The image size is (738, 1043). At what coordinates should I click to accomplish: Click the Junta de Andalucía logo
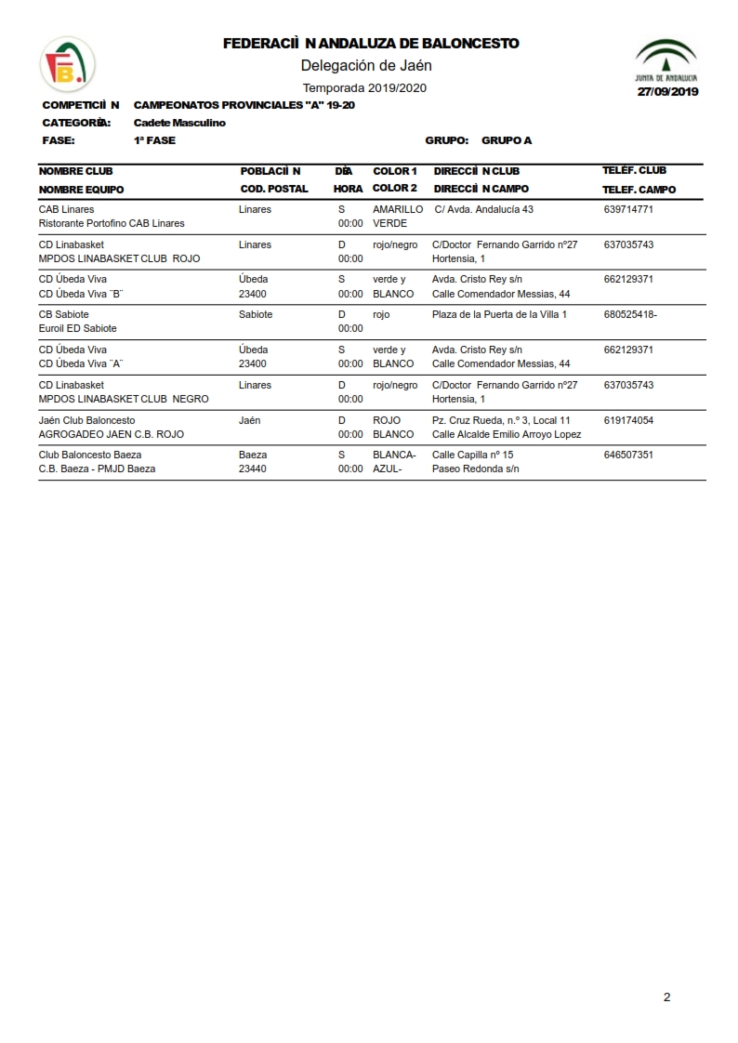coord(666,60)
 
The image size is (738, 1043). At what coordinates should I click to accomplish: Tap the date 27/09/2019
coord(667,92)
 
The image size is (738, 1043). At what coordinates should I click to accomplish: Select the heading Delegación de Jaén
coord(366,65)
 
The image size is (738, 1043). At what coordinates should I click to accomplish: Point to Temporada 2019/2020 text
coord(364,88)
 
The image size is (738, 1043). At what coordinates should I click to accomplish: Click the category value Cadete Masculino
coord(179,123)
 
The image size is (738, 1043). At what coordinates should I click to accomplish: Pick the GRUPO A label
coord(507,140)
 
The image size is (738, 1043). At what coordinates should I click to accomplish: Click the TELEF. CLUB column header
coord(634,171)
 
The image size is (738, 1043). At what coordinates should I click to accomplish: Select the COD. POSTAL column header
coord(274,189)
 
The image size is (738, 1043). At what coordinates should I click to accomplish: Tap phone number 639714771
coord(628,210)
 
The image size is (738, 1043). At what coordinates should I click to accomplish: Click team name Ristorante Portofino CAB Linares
coord(112,223)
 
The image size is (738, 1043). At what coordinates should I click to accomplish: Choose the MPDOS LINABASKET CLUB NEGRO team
coord(124,399)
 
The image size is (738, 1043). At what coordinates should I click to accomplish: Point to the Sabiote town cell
coord(256,314)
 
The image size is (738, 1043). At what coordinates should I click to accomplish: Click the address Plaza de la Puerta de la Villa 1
coord(499,314)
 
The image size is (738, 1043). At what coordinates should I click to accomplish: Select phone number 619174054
coord(628,420)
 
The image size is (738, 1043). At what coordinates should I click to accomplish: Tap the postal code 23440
coord(253,469)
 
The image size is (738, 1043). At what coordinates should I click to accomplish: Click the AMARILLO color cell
coord(398,210)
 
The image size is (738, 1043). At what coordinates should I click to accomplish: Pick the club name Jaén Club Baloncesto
coord(87,420)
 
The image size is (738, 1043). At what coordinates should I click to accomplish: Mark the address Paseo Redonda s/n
coord(476,469)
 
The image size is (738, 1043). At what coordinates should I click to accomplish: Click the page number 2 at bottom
coord(666,997)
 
